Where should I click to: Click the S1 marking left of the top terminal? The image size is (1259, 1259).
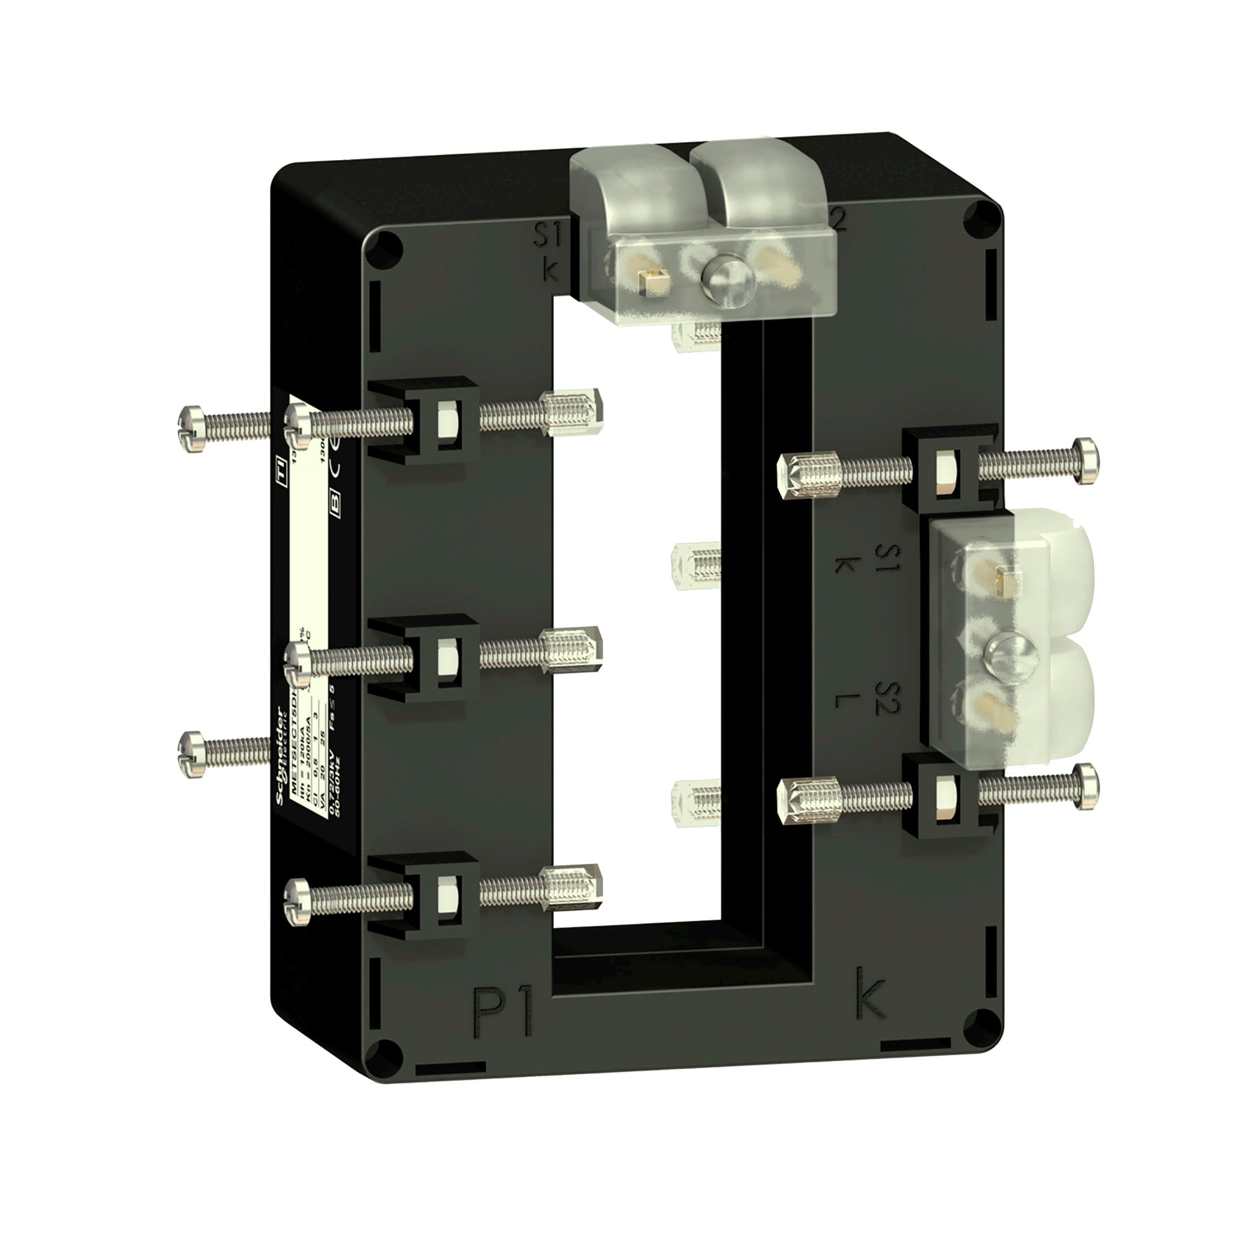pyautogui.click(x=547, y=236)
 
